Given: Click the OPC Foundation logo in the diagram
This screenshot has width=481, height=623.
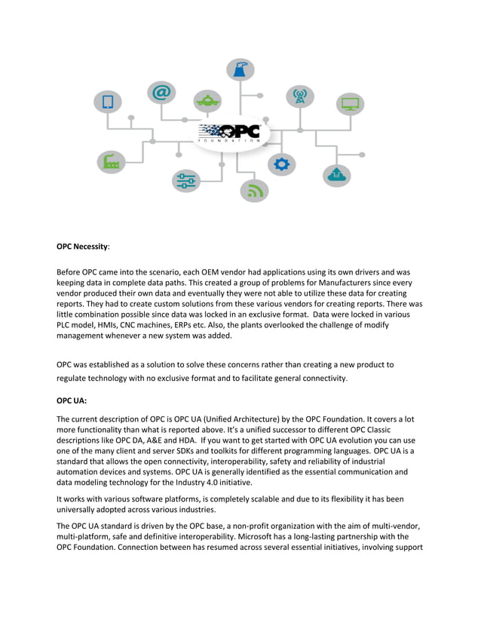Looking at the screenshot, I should [229, 133].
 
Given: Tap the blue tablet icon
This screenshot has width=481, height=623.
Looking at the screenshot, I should [108, 102].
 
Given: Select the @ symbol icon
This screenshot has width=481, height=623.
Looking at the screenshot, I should [161, 93].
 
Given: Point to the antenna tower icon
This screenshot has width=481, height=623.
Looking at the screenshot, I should [299, 96].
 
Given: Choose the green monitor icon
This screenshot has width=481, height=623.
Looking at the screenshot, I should [350, 104].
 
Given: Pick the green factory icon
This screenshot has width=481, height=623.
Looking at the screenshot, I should [111, 161].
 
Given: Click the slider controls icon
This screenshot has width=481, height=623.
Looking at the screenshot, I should [185, 180].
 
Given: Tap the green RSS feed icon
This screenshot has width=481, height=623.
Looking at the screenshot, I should [255, 189].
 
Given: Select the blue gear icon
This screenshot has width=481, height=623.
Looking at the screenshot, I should [281, 163].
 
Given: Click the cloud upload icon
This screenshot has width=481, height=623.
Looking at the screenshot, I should [337, 174].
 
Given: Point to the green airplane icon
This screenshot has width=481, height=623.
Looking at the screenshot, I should [207, 100].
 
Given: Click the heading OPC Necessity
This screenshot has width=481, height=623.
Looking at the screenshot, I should [82, 247].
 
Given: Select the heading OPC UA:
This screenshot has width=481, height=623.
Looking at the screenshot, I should [72, 404].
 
